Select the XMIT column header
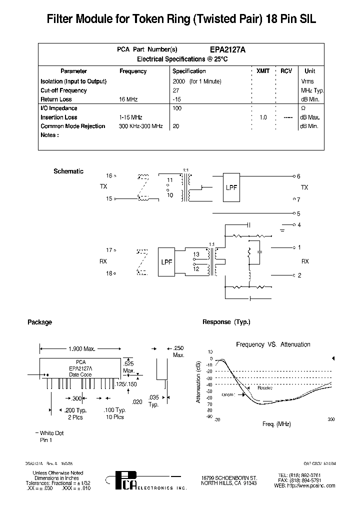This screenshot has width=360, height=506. point(262,71)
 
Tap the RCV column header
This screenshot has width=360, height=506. point(286,71)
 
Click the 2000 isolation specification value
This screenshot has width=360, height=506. point(179,81)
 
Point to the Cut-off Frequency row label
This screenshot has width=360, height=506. point(63,90)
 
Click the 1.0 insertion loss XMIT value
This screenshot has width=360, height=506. point(263,117)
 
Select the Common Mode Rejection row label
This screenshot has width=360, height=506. point(73,126)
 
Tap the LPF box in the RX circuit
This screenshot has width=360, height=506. point(166,261)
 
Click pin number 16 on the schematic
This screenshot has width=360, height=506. point(109,176)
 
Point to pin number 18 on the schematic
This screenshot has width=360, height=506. point(109,273)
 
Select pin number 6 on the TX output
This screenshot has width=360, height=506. point(298,176)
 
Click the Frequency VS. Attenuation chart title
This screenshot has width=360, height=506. point(273,344)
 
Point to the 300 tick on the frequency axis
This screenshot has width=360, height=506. point(330,420)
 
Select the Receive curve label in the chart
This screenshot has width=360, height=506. point(265,387)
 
